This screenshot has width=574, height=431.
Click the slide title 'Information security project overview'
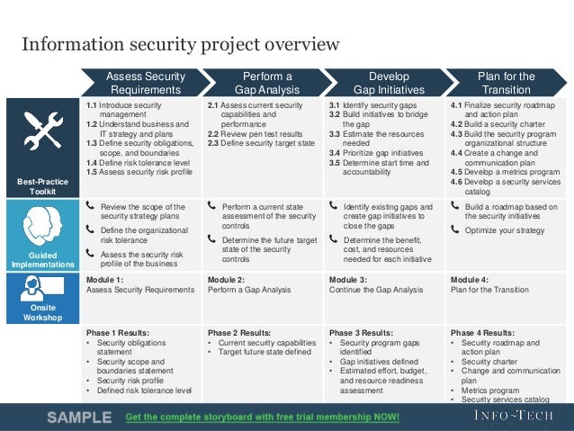pyautogui.click(x=181, y=44)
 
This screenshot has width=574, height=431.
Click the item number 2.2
pyautogui.click(x=214, y=133)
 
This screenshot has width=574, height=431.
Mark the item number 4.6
pyautogui.click(x=459, y=180)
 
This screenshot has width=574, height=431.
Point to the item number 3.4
pyautogui.click(x=336, y=153)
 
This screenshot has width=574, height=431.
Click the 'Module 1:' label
pyautogui.click(x=105, y=280)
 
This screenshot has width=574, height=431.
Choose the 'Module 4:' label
pyautogui.click(x=470, y=280)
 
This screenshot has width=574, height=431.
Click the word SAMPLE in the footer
pyautogui.click(x=79, y=418)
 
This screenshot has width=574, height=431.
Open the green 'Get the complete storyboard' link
pyautogui.click(x=262, y=418)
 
